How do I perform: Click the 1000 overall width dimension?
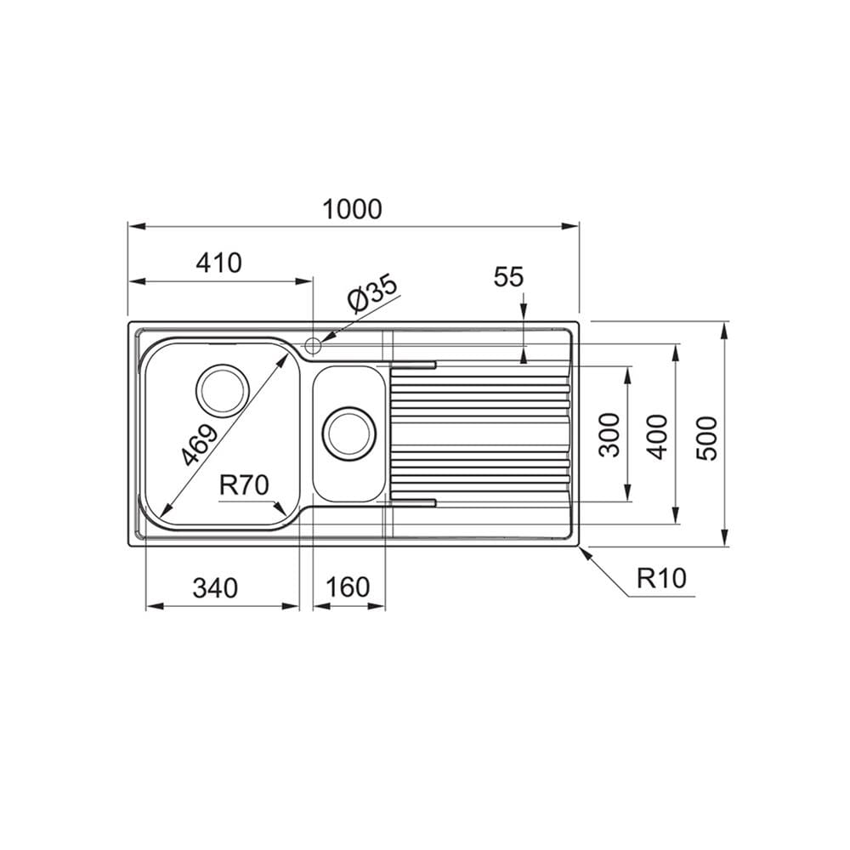tap(353, 209)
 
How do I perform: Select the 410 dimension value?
tap(218, 263)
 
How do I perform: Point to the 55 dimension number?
tap(508, 276)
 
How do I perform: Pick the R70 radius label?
tap(244, 485)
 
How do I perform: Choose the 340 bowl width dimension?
tap(215, 587)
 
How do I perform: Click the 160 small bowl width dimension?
tap(348, 587)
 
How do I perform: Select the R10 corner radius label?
tap(661, 578)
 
